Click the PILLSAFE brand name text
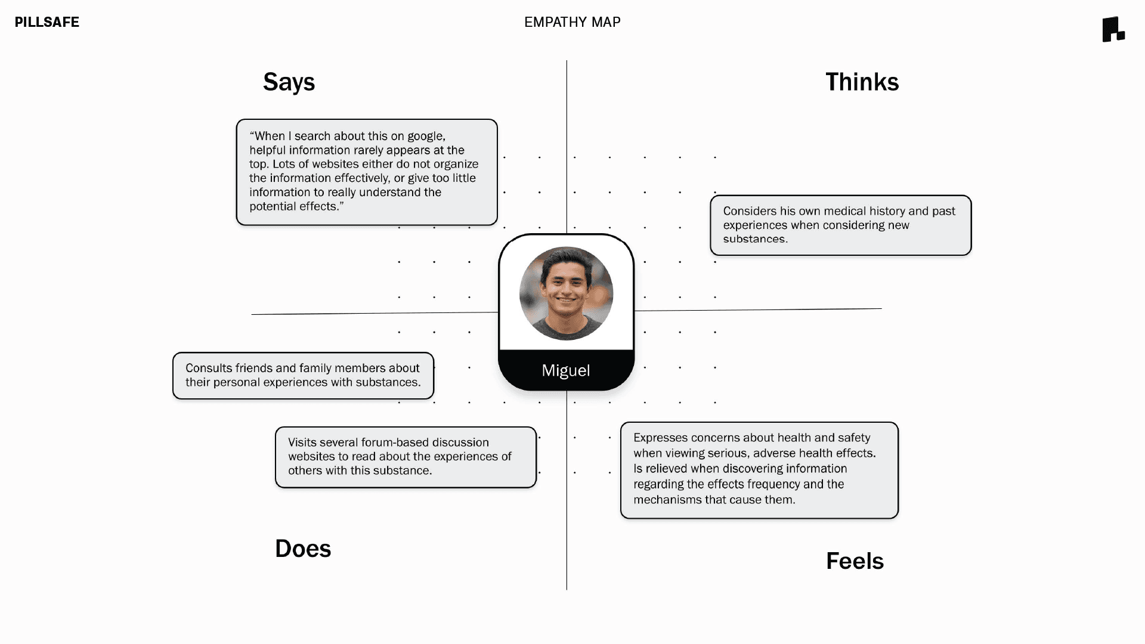(x=47, y=22)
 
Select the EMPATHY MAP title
(x=572, y=22)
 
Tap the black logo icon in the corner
(x=1113, y=29)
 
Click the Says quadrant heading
(x=289, y=82)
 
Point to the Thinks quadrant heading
(x=862, y=82)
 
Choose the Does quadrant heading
(x=303, y=549)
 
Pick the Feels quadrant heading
(x=855, y=561)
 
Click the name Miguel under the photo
(x=566, y=370)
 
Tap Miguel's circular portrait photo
(x=566, y=293)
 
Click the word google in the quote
(x=426, y=137)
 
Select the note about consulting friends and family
(x=303, y=376)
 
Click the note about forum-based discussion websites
(x=406, y=457)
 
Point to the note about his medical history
(x=841, y=225)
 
